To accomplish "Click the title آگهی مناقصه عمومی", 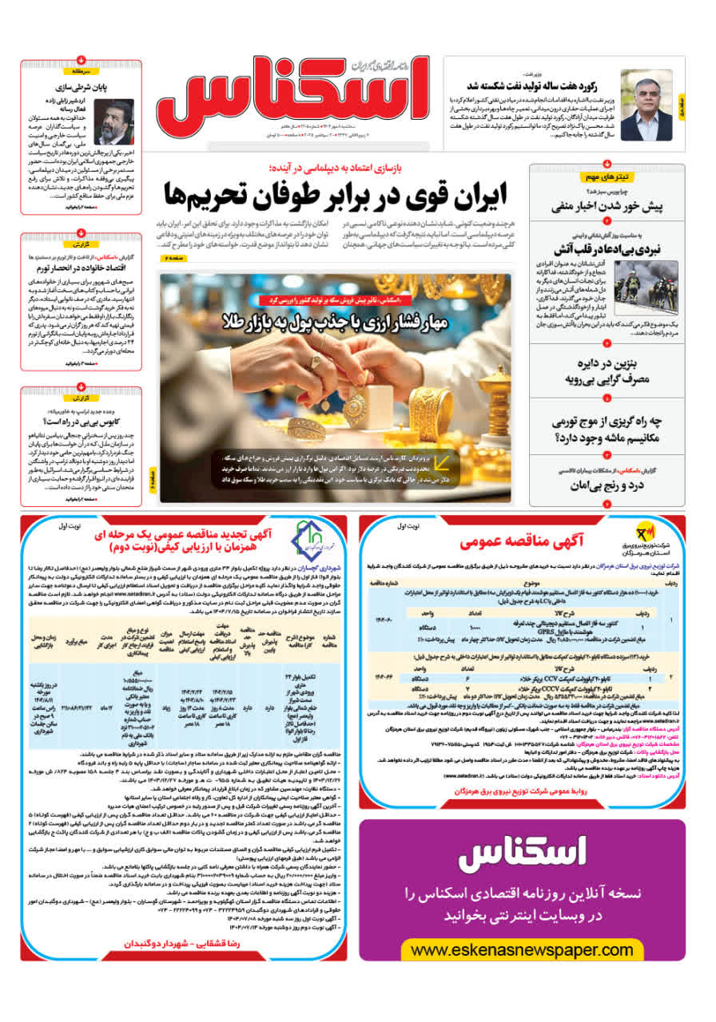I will (x=523, y=541).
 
